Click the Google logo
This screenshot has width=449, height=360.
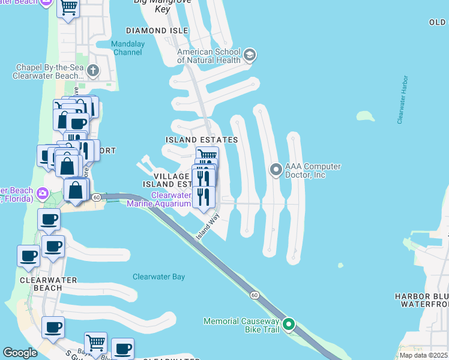tap(20, 353)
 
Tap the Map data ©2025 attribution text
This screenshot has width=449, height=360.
tap(424, 355)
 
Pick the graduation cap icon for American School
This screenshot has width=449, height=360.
tap(250, 56)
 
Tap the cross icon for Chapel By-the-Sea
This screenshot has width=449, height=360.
tap(92, 71)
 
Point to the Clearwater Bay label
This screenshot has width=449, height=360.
tap(158, 277)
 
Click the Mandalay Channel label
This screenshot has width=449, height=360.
tap(127, 48)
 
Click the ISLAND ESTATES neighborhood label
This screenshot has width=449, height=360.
tap(202, 140)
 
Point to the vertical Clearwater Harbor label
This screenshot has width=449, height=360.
tap(401, 100)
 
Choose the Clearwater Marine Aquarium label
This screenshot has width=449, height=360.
tap(171, 199)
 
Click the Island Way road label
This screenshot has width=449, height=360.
tap(208, 230)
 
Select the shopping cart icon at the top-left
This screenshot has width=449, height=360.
tap(68, 8)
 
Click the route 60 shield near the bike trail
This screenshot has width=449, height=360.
tap(255, 295)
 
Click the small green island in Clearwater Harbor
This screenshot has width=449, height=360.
tap(365, 116)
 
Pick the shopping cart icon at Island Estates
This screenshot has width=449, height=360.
tap(207, 156)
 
